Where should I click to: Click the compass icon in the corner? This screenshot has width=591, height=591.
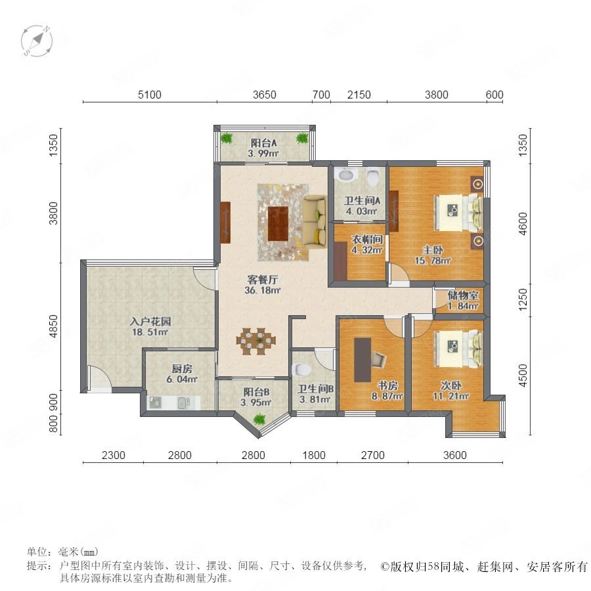(x=37, y=41)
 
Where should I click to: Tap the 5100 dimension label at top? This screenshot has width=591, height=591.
(x=149, y=94)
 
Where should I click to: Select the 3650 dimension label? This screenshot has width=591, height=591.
(x=264, y=94)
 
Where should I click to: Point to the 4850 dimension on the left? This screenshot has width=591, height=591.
(x=54, y=326)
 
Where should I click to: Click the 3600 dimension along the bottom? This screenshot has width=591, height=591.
(x=455, y=455)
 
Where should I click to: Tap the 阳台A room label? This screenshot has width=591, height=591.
(x=264, y=143)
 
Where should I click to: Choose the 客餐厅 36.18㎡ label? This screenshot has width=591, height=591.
(x=263, y=284)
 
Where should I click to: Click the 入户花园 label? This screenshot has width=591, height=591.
(x=150, y=322)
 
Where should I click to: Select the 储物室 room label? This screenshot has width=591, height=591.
(x=463, y=295)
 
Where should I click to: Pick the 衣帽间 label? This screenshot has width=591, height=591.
(x=367, y=239)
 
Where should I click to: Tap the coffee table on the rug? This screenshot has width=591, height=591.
(x=278, y=223)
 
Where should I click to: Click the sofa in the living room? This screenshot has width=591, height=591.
(x=315, y=221)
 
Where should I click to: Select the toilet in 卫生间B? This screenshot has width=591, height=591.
(x=301, y=370)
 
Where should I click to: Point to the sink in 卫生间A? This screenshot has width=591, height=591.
(x=347, y=175)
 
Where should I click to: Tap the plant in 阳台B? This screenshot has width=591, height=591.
(x=259, y=419)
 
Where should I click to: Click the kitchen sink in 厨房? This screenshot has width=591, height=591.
(x=185, y=403)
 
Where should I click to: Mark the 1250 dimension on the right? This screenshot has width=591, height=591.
(x=523, y=299)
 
